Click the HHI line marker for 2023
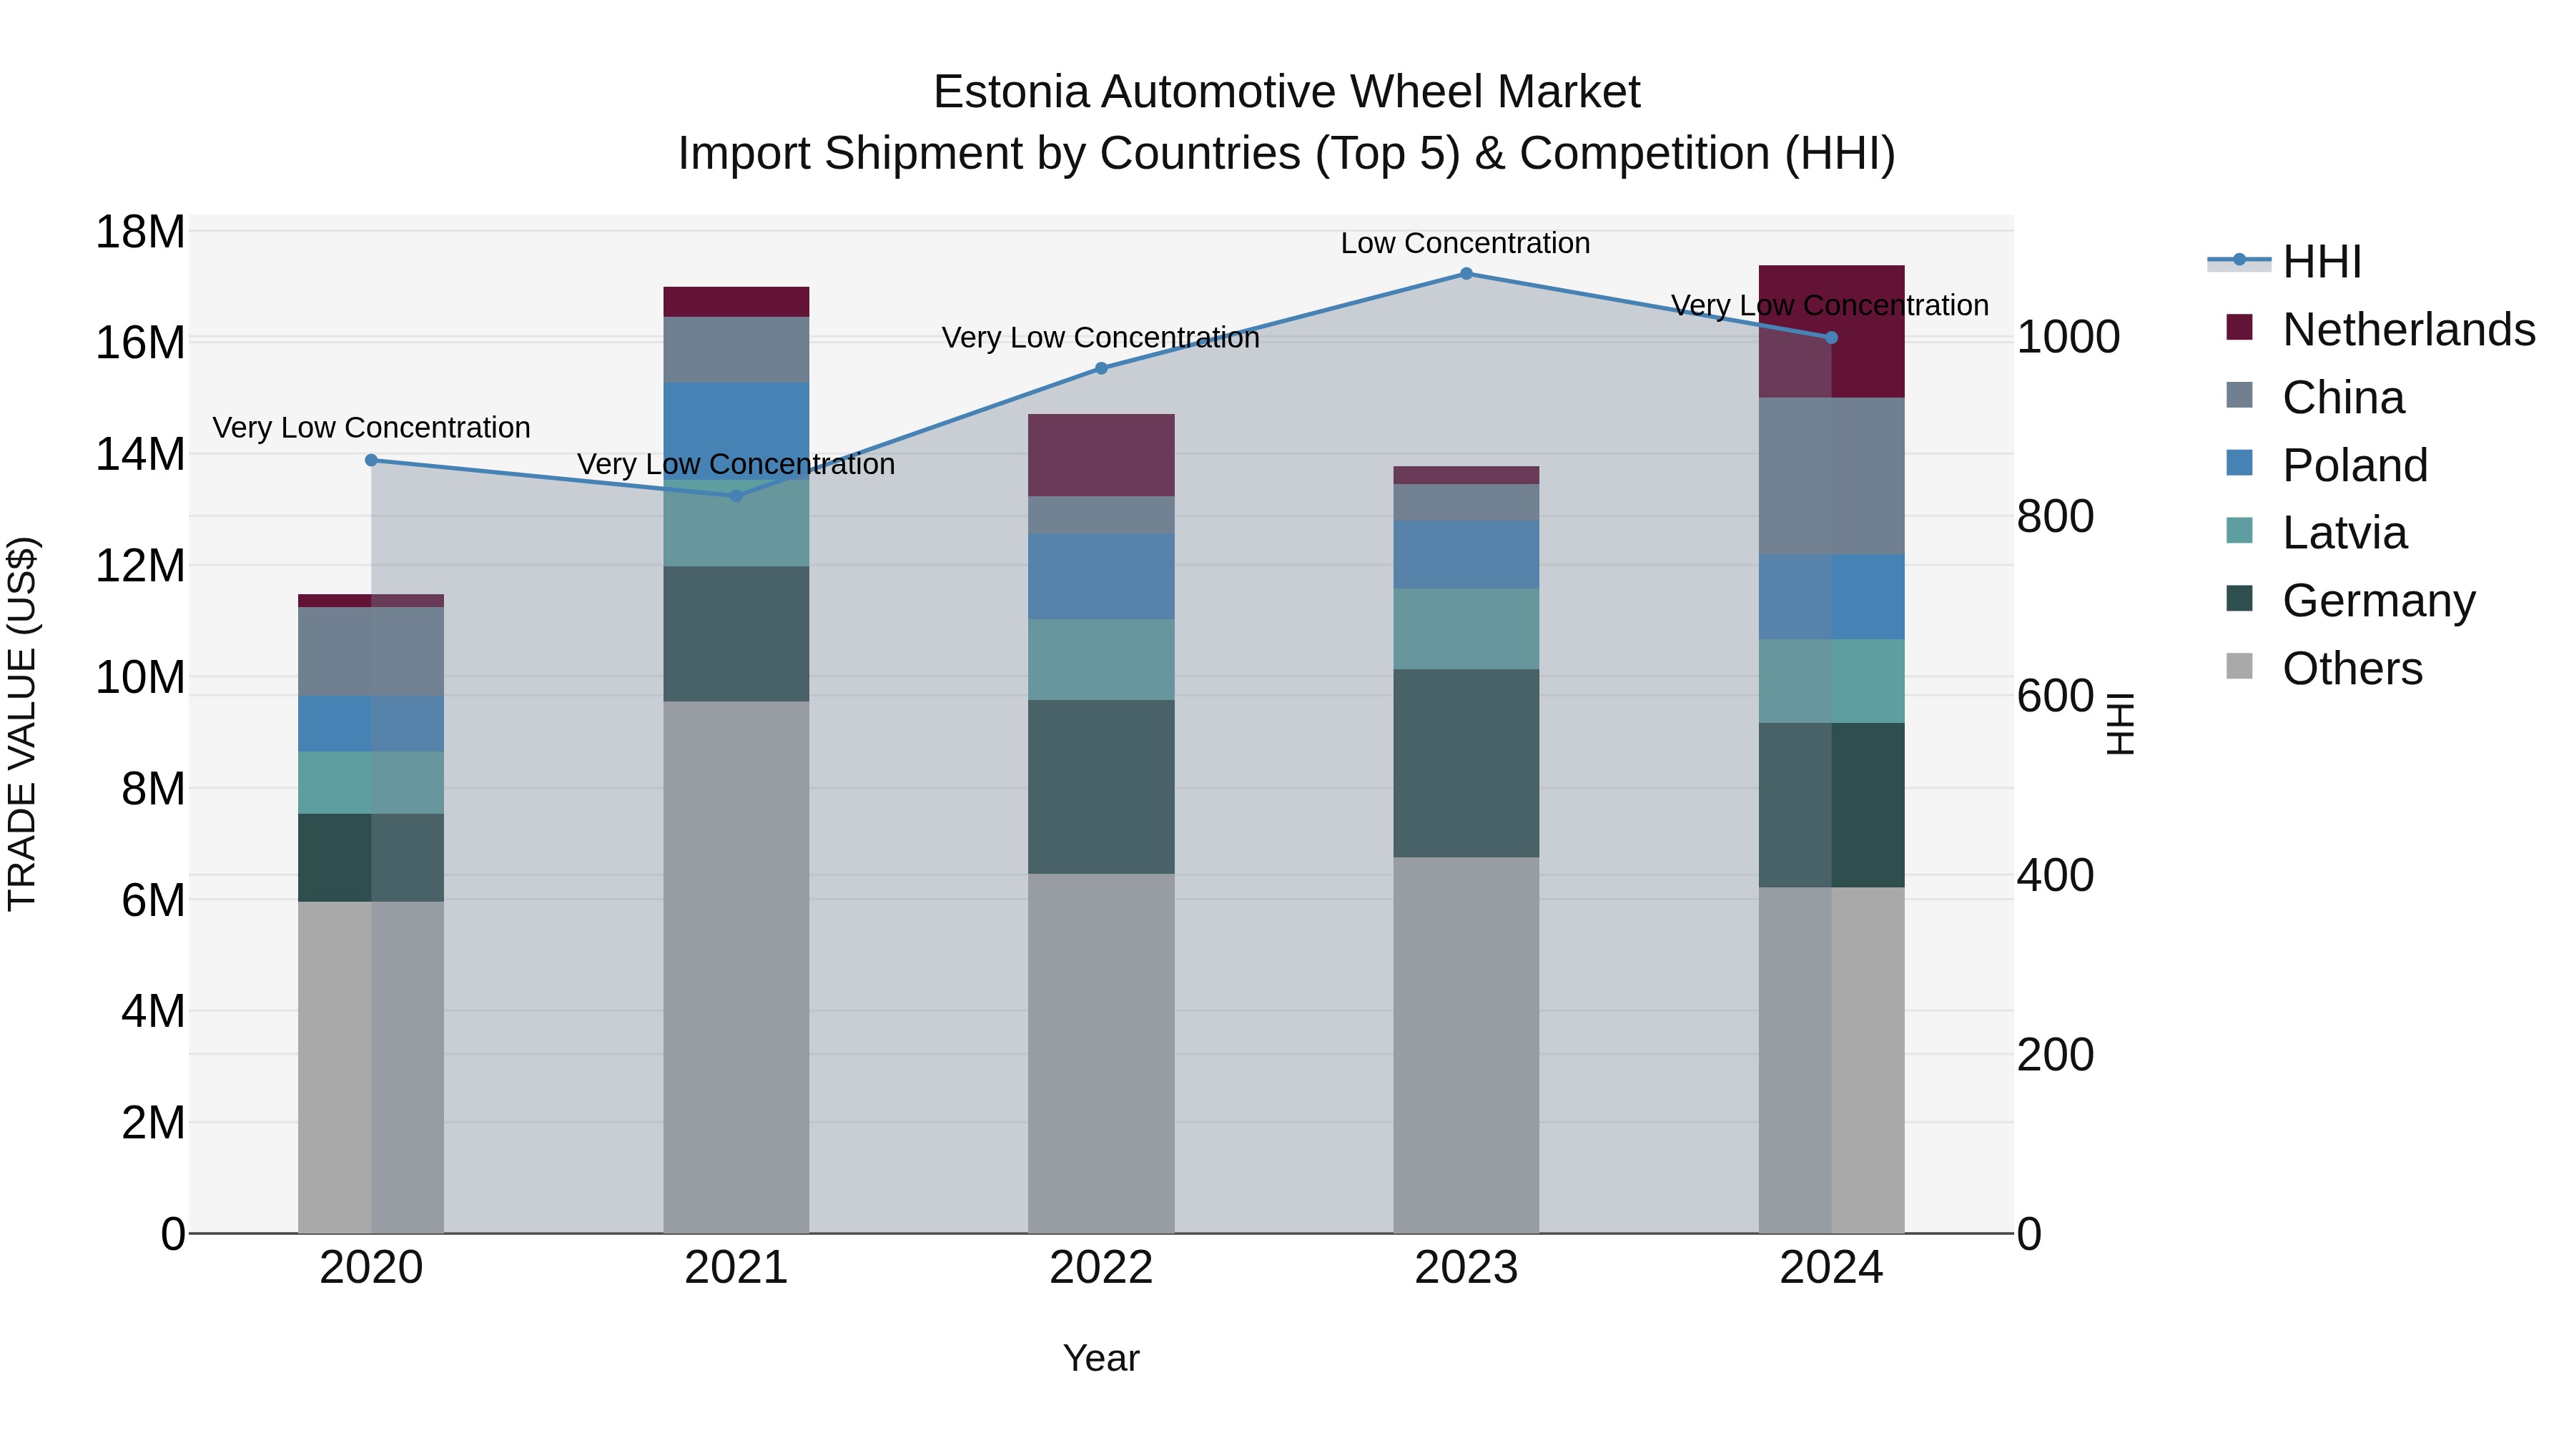(x=1466, y=273)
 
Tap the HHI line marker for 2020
(x=370, y=460)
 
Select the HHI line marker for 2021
(x=736, y=496)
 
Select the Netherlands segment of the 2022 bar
(x=1101, y=455)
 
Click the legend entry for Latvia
(x=2343, y=533)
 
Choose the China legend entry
(x=2342, y=398)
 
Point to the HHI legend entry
(x=2320, y=262)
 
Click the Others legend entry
(x=2351, y=669)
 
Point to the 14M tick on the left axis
(x=140, y=455)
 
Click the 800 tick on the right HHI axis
(x=2054, y=517)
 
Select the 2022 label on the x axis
(x=1101, y=1268)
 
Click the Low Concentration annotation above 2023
(x=1465, y=243)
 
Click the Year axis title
(x=1101, y=1358)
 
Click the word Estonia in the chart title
(x=1010, y=92)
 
